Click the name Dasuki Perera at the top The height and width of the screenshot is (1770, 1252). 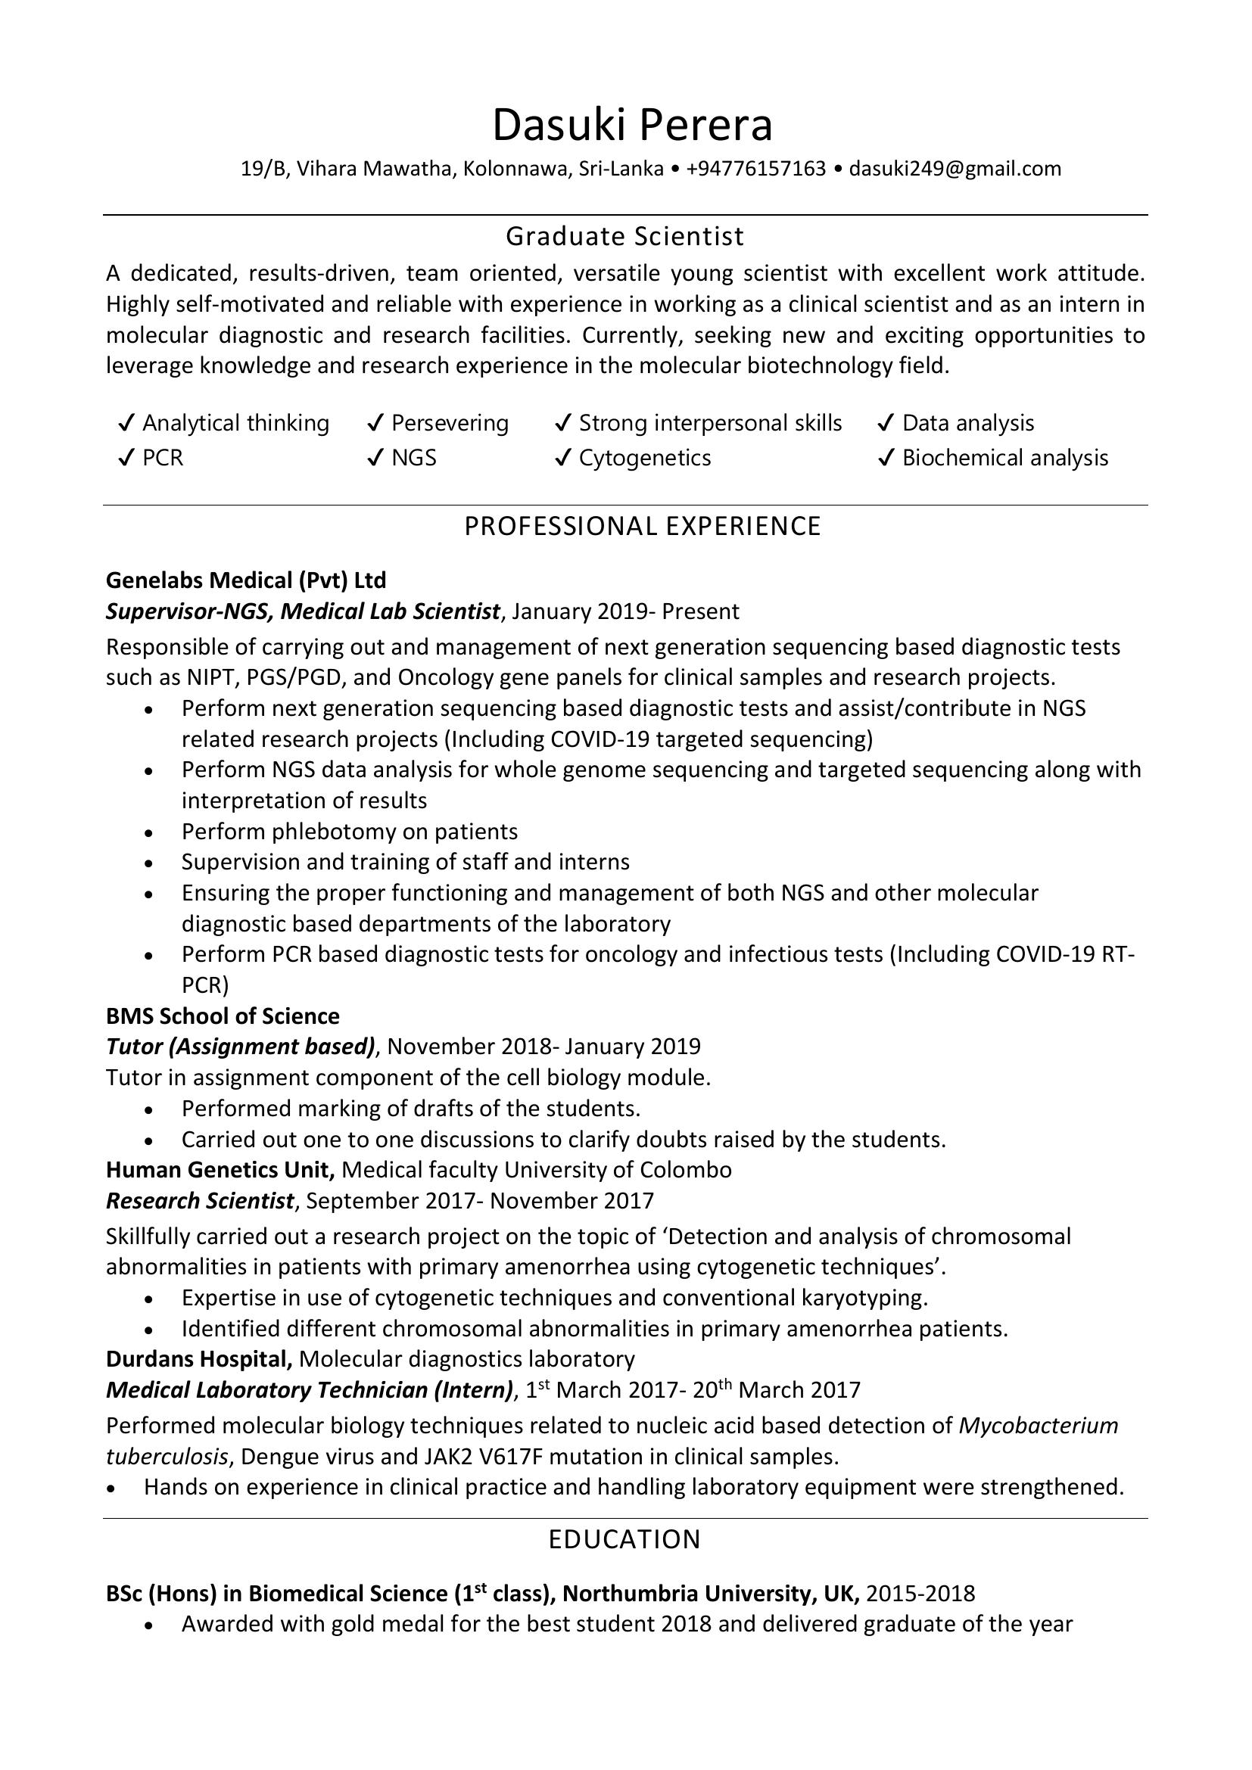click(631, 126)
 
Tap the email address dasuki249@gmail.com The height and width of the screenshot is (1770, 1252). click(955, 169)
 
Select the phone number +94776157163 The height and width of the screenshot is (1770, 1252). click(755, 169)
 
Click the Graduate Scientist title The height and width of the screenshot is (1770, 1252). click(624, 236)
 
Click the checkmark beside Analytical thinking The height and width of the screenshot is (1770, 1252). click(126, 423)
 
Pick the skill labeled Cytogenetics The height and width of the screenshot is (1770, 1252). click(644, 458)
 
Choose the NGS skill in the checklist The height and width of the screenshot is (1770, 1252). click(413, 458)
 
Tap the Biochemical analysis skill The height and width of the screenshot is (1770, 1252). click(1004, 458)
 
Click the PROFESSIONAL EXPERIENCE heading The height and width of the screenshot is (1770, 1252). click(642, 526)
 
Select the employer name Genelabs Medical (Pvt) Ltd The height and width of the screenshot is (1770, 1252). click(246, 580)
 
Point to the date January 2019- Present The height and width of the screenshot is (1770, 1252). click(625, 611)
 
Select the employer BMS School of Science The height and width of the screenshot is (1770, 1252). click(222, 1016)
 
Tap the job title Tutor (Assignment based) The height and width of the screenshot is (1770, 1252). click(241, 1046)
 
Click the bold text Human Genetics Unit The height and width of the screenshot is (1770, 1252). click(220, 1169)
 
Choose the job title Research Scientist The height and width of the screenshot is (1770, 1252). click(200, 1200)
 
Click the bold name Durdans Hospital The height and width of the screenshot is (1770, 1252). click(199, 1358)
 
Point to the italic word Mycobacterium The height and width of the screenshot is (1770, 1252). click(1038, 1426)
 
